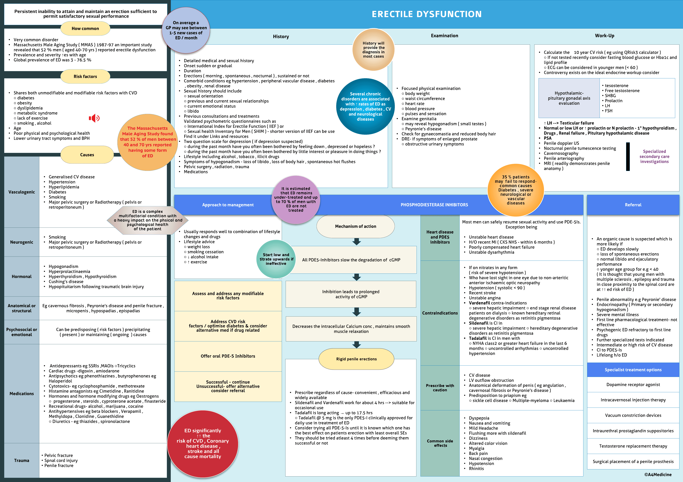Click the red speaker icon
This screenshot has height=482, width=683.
(94, 118)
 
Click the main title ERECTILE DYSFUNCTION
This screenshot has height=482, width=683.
(427, 14)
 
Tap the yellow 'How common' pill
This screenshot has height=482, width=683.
(85, 29)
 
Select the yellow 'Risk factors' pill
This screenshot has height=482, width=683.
(85, 76)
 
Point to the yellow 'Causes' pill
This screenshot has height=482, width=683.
(87, 155)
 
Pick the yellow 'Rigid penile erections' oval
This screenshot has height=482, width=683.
(356, 359)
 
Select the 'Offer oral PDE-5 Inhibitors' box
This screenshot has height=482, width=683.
(228, 356)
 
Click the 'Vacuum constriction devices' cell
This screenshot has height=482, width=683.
(633, 415)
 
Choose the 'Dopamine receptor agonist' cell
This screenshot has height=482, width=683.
(633, 385)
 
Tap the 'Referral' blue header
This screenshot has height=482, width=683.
(633, 205)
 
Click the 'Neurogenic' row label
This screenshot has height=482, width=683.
(22, 242)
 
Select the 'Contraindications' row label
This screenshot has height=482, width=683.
(440, 313)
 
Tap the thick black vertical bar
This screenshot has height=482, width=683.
(628, 157)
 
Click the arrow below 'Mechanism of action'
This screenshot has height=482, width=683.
(356, 242)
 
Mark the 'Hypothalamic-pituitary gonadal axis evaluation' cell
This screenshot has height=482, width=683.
(569, 98)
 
